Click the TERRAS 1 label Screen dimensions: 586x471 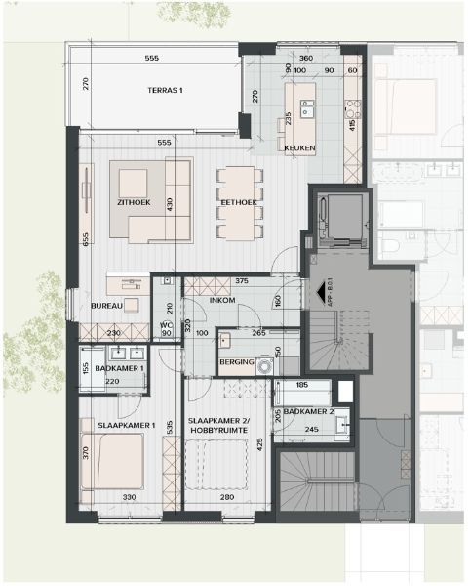[x=165, y=91]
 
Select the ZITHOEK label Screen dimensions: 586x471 [x=133, y=202]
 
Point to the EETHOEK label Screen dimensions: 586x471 [x=239, y=202]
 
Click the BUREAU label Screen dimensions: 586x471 [x=105, y=306]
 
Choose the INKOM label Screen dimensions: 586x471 [x=223, y=302]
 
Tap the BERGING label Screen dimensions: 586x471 [x=237, y=363]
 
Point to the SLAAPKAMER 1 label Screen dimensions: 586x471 [x=127, y=425]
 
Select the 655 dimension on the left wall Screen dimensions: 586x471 [x=87, y=239]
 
